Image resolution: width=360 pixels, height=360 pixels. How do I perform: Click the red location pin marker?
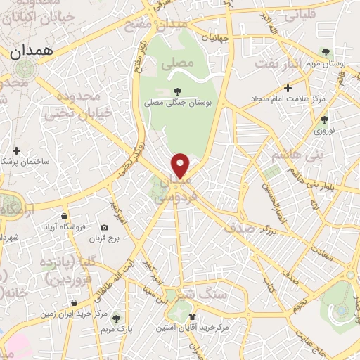(181, 165)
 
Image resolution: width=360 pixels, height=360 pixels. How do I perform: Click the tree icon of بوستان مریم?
(325, 51)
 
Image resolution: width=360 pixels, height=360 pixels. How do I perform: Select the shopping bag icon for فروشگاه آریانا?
(64, 216)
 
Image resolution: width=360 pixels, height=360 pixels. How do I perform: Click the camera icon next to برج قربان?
(105, 227)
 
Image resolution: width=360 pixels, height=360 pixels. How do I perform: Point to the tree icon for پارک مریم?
(116, 318)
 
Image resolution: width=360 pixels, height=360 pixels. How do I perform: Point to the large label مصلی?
(176, 63)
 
